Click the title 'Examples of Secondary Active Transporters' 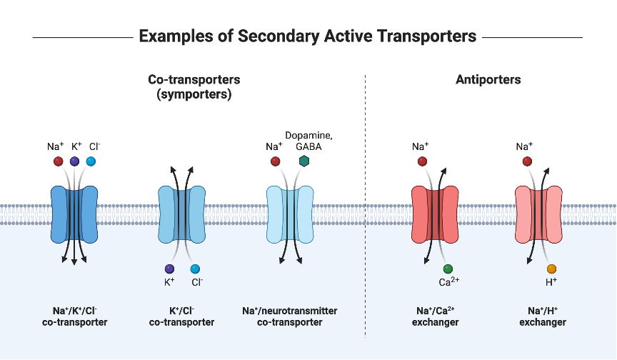coord(308,36)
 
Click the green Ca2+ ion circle coord(448,269)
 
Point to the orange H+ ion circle coord(551,269)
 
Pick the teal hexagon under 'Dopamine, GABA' coord(304,161)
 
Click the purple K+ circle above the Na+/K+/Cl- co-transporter coord(74,161)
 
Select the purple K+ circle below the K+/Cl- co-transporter coord(169,269)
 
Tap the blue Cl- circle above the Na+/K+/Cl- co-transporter coord(91,161)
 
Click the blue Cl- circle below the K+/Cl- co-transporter coord(195,269)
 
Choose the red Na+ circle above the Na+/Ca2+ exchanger coord(421,161)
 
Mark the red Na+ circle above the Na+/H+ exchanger coord(527,161)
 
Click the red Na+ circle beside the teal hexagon coord(275,161)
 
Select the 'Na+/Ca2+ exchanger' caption coord(435,316)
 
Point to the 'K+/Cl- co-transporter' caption coord(181,316)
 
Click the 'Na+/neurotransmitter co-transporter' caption coord(290,316)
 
